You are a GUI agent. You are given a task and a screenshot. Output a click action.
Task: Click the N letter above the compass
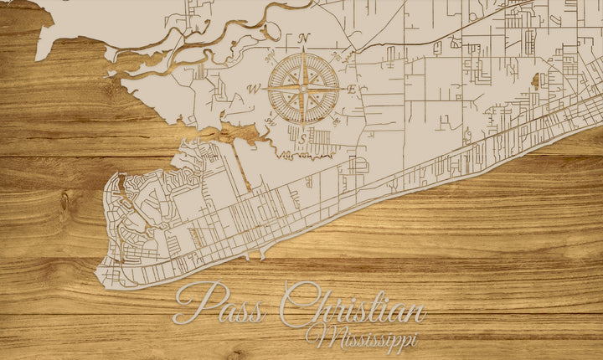point(304,38)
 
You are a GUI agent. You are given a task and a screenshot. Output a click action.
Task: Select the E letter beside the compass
point(353,89)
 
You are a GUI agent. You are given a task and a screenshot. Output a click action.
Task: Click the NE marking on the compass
point(338,56)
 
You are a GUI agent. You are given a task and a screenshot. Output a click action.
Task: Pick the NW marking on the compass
point(270,56)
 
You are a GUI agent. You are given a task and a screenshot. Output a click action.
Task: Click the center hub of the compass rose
point(303,88)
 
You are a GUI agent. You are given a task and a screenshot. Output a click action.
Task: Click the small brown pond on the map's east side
point(533,81)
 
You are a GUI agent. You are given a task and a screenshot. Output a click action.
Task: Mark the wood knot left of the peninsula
point(64,202)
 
